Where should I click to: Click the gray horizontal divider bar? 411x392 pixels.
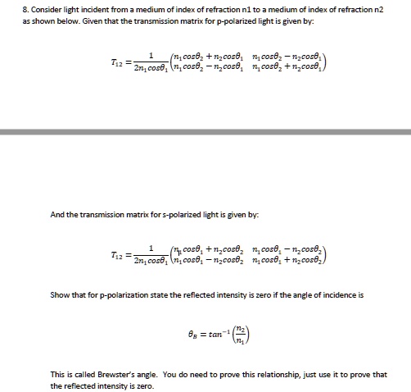205,131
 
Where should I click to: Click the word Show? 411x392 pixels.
60,294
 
